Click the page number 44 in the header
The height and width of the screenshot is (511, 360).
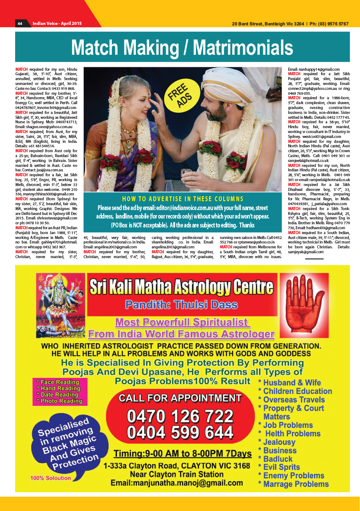point(20,23)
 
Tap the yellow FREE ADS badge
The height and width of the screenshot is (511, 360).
point(180,96)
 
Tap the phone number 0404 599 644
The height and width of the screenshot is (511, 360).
point(180,432)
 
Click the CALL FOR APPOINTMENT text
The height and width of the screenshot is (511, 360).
point(180,398)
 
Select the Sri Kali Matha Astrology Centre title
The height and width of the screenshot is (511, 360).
point(180,287)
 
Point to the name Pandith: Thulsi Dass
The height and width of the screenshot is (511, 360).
point(180,305)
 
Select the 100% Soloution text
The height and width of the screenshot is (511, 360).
point(50,478)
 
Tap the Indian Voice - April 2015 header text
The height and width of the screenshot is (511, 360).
point(57,23)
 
